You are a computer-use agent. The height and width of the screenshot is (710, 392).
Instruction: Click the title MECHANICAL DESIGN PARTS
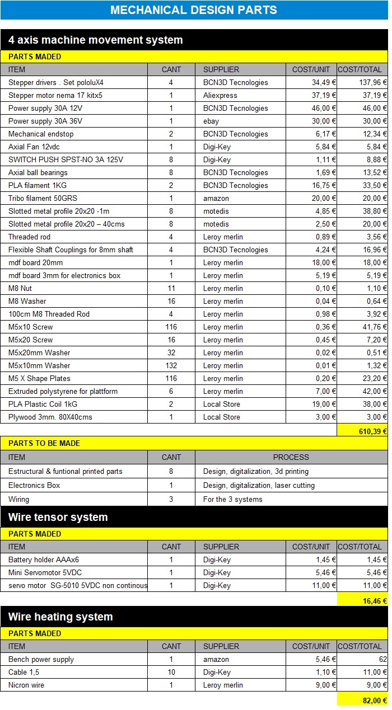pos(194,10)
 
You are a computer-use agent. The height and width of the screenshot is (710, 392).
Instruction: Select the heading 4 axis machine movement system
pos(96,40)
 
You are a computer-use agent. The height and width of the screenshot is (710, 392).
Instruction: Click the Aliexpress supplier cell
pos(220,95)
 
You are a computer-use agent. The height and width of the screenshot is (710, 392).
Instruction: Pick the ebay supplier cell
pos(211,121)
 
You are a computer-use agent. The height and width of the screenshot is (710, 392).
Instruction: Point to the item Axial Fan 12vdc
pos(35,147)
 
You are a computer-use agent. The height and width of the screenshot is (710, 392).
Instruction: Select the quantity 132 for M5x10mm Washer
pos(171,365)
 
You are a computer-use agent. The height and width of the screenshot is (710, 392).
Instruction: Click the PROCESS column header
pos(291,457)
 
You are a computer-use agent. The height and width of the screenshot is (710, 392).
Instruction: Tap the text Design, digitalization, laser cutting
pos(259,485)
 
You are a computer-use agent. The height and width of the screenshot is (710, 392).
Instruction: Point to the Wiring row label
pos(19,499)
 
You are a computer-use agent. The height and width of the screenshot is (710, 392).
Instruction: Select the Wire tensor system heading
pos(58,517)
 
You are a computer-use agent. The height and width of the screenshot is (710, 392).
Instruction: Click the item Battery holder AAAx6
pos(44,559)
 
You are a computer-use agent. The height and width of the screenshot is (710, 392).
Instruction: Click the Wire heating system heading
pos(60,617)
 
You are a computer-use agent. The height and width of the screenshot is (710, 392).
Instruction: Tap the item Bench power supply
pos(41,659)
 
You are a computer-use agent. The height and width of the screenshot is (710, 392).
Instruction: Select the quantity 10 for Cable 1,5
pos(171,672)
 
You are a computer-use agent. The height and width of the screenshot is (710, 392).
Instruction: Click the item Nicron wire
pos(26,685)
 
